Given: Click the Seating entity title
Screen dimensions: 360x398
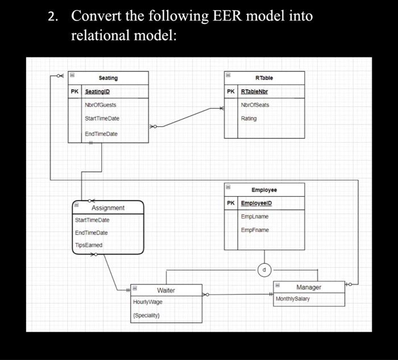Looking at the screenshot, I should [x=108, y=78].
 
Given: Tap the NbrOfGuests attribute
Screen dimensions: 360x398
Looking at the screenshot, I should [x=101, y=105].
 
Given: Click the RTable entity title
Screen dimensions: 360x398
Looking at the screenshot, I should [x=264, y=78].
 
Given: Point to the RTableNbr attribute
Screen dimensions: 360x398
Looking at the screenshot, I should [x=254, y=92].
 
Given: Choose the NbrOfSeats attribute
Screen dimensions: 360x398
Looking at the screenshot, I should [x=255, y=105].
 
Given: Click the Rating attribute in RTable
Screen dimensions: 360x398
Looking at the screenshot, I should [x=249, y=118].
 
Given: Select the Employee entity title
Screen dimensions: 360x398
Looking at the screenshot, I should [x=264, y=190].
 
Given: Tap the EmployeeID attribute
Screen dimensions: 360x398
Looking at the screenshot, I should [x=256, y=204].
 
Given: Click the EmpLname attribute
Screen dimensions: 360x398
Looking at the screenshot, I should [x=255, y=217].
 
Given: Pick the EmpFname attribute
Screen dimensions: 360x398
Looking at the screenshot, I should [x=255, y=230].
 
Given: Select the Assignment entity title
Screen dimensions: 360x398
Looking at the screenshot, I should [x=108, y=208].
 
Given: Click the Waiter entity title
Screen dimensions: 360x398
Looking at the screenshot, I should [x=166, y=290].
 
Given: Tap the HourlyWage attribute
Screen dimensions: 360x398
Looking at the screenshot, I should [x=147, y=302].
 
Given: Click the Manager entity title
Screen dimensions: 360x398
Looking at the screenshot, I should [x=309, y=287].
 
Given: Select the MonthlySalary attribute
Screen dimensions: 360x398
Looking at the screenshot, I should [x=293, y=299].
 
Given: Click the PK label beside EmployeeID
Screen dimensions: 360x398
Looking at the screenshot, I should [x=230, y=204].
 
